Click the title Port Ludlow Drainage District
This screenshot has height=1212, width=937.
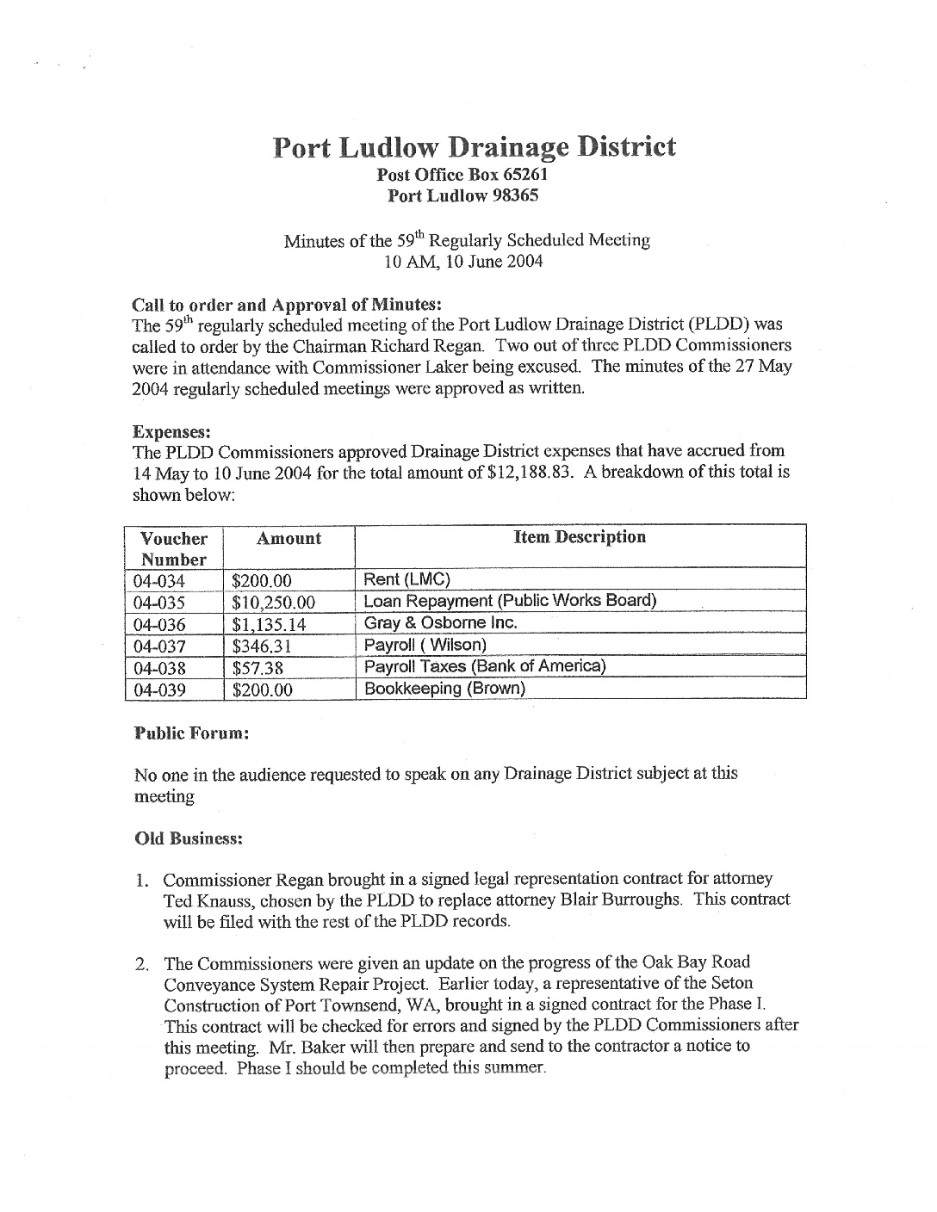click(x=474, y=147)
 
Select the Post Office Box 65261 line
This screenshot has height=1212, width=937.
click(x=464, y=174)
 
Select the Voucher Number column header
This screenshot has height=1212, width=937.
click(x=174, y=548)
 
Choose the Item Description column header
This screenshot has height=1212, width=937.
click(x=579, y=537)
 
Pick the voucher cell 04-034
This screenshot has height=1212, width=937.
click(x=161, y=581)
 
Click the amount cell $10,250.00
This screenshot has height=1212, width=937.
click(x=273, y=603)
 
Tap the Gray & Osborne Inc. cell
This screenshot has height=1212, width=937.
click(x=440, y=622)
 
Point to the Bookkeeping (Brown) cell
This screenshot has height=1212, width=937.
click(x=444, y=688)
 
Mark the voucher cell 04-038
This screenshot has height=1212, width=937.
click(x=161, y=668)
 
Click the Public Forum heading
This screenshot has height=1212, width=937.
click(x=192, y=733)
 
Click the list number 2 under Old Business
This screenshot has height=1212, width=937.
click(x=142, y=963)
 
